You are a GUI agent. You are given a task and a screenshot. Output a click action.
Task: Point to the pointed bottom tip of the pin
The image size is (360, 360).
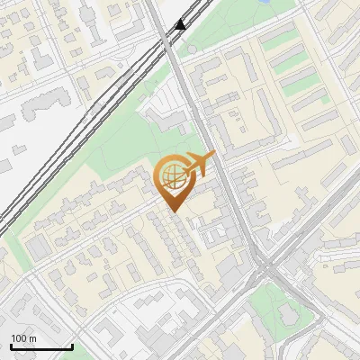coord(172,211)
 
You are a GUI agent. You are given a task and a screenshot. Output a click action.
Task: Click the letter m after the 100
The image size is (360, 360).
coord(32,338)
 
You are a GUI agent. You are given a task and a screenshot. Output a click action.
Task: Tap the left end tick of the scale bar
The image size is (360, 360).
coord(11,346)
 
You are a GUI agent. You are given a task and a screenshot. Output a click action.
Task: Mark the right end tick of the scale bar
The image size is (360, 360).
coord(72,346)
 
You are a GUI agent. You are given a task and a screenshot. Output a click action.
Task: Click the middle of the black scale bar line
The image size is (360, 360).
coord(41,347)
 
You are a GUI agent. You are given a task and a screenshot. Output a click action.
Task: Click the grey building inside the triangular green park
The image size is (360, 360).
coord(289,314)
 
